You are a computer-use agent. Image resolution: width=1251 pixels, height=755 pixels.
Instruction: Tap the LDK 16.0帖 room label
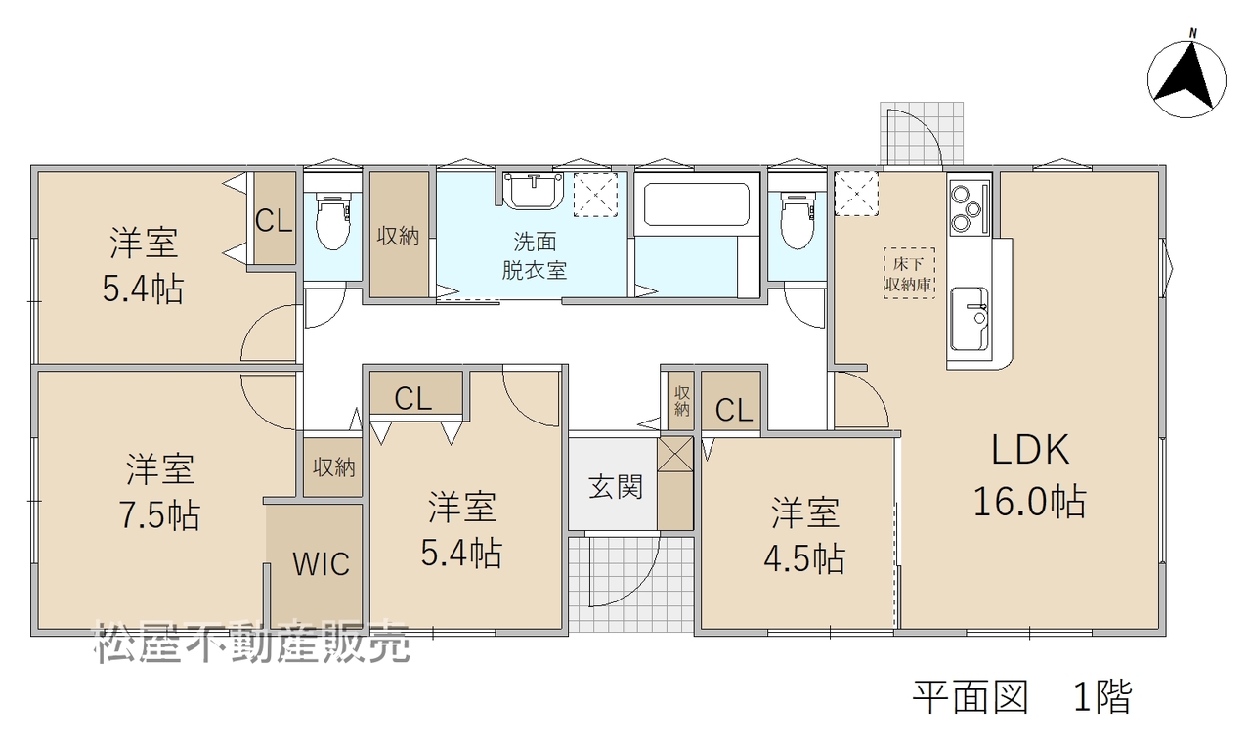pos(1030,475)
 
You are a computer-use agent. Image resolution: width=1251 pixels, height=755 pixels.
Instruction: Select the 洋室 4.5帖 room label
pos(804,535)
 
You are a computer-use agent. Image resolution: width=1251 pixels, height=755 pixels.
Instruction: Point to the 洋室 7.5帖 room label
pos(159,492)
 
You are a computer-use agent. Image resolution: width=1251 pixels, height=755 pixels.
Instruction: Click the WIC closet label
pos(321,563)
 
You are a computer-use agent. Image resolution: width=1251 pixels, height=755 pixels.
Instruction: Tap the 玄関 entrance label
pos(616,487)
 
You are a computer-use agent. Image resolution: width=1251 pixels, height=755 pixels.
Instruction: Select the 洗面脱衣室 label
pos(535,256)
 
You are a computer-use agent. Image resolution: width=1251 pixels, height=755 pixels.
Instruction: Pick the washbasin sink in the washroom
pos(533,191)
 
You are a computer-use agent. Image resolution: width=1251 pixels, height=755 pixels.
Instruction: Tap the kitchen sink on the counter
pos(969,319)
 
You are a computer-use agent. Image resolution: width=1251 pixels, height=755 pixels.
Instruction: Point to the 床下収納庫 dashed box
pos(909,273)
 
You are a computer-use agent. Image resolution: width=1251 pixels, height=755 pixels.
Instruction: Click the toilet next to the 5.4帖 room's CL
pos(333,221)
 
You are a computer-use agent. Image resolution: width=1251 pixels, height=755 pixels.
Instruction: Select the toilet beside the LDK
pos(798,221)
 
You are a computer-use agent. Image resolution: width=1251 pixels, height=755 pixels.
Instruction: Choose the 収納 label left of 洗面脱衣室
pos(398,237)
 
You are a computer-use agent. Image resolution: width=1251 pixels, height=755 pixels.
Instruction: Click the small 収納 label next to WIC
pos(333,467)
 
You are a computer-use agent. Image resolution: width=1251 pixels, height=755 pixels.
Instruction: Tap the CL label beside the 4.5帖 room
pos(734,411)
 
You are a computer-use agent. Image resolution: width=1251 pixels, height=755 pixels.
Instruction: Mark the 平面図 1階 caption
pos(1022,697)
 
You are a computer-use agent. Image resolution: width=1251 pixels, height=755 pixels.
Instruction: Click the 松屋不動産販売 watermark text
pos(252,642)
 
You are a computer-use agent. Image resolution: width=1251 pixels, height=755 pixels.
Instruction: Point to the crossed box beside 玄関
pos(675,453)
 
